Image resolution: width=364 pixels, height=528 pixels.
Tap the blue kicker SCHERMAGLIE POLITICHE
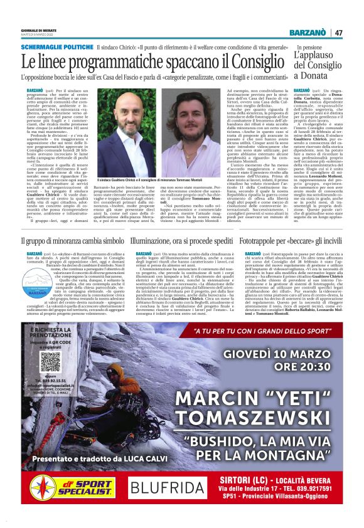coord(56,48)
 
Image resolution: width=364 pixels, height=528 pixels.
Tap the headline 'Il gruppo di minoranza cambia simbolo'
coord(72,241)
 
